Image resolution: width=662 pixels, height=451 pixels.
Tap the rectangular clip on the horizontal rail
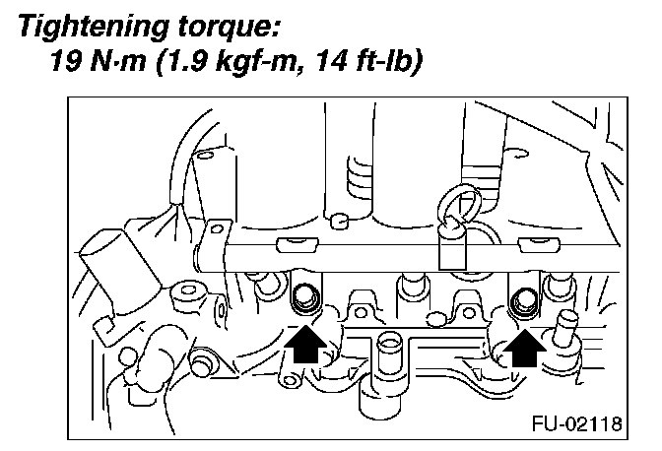(452, 248)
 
